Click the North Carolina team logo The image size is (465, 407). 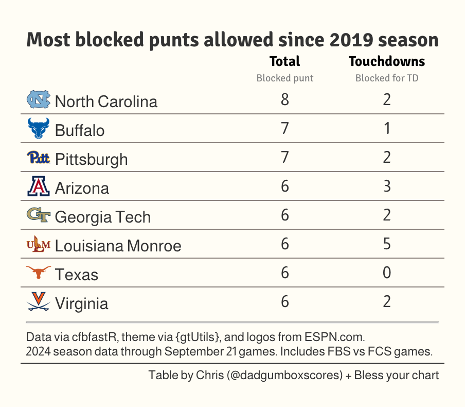click(x=39, y=100)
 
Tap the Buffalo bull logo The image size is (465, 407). click(x=39, y=128)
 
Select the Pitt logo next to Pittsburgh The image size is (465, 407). click(x=39, y=158)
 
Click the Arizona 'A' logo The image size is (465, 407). click(x=39, y=186)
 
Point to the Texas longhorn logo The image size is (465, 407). click(x=39, y=273)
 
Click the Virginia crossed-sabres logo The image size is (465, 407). click(x=39, y=302)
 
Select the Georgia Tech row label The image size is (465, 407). click(x=102, y=217)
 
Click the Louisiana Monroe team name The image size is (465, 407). click(x=118, y=246)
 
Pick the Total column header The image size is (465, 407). click(x=284, y=62)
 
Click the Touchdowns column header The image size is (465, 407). click(x=387, y=62)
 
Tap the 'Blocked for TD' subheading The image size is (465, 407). click(x=387, y=78)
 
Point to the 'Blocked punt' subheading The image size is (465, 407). click(x=284, y=78)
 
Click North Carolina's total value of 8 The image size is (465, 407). click(x=284, y=100)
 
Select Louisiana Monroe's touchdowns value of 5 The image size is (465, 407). click(x=387, y=244)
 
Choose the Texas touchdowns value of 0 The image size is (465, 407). click(x=387, y=273)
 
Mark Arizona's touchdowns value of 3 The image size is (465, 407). click(x=387, y=186)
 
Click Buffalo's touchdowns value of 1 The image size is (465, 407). click(x=387, y=128)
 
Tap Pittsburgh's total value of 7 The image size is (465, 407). click(x=284, y=157)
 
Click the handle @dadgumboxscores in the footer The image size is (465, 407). click(x=284, y=375)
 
